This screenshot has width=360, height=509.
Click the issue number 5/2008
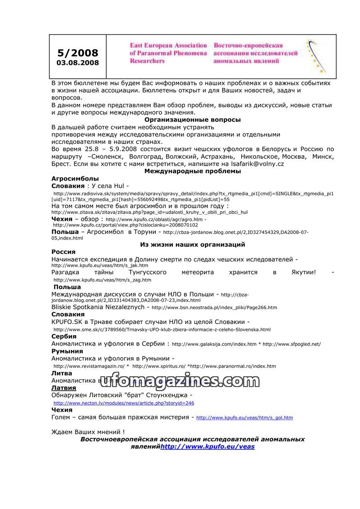pos(78,53)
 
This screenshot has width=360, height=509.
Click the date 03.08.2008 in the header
pos(78,63)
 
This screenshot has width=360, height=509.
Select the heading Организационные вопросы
pos(193,120)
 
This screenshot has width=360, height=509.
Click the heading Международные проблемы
pos(193,171)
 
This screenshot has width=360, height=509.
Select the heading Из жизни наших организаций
pos(193,244)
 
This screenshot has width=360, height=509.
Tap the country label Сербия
pos(64,336)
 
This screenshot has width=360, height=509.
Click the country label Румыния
pos(67,351)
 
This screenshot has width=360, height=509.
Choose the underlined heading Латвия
pos(64,387)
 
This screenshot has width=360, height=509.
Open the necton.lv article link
pos(124,403)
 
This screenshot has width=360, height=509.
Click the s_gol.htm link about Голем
pos(244,418)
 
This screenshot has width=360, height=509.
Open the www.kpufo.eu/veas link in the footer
pos(207,446)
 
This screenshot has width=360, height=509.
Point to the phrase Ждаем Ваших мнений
pos(88,432)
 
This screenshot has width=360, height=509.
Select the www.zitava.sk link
pos(149,212)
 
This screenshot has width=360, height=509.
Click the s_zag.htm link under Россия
pos(102,280)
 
